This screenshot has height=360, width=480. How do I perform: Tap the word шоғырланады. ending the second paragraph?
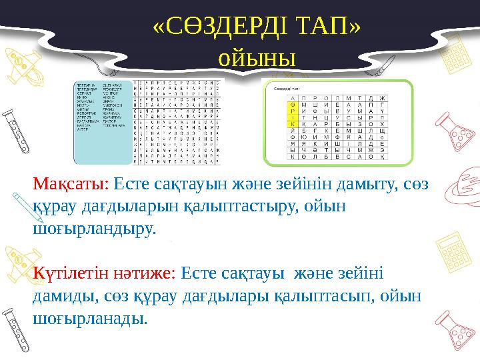tap(90, 318)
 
